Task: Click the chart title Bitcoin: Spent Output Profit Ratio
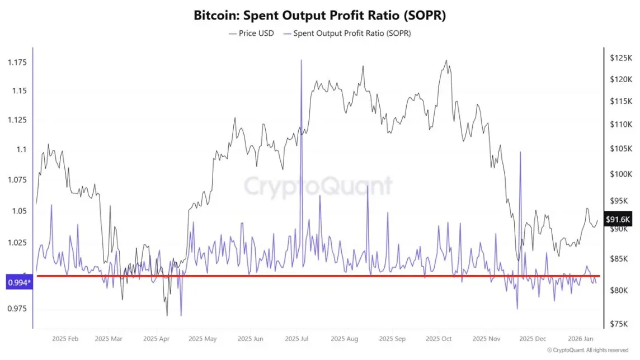pos(319,15)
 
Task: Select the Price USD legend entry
pos(251,34)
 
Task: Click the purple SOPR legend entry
pos(347,34)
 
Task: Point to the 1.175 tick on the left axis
pos(17,61)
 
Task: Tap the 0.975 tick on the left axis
pos(17,308)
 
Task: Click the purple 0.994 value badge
pos(19,283)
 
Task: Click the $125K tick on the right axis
pos(620,58)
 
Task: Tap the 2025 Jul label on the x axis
pos(297,339)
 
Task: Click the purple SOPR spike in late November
pos(521,152)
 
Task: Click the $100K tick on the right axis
pos(620,174)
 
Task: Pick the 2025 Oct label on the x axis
pos(439,339)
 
